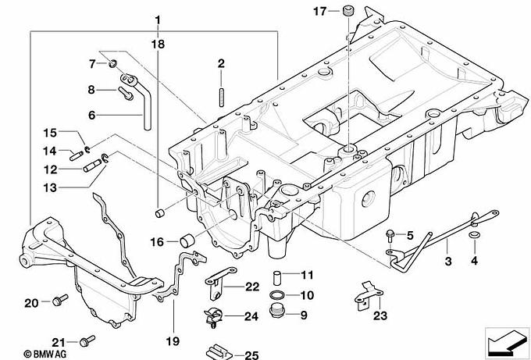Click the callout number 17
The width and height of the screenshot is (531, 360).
pyautogui.click(x=320, y=12)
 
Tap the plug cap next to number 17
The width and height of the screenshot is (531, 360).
pyautogui.click(x=348, y=10)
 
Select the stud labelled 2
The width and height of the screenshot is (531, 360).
pyautogui.click(x=222, y=98)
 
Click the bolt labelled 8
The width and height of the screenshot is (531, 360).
pyautogui.click(x=125, y=93)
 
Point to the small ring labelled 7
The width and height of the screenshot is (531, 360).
pyautogui.click(x=112, y=62)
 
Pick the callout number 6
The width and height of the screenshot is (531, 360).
pyautogui.click(x=92, y=115)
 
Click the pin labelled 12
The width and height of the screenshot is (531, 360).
pyautogui.click(x=92, y=166)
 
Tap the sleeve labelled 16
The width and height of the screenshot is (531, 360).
pyautogui.click(x=187, y=241)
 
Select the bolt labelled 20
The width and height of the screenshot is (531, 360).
pyautogui.click(x=60, y=300)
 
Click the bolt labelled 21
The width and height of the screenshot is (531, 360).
pyautogui.click(x=87, y=340)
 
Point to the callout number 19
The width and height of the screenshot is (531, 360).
pyautogui.click(x=173, y=341)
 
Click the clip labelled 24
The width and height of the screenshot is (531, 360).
pyautogui.click(x=212, y=319)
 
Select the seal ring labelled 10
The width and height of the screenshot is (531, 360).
pyautogui.click(x=278, y=295)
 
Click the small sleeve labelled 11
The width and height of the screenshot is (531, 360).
pyautogui.click(x=278, y=278)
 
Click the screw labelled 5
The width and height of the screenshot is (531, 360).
pyautogui.click(x=390, y=236)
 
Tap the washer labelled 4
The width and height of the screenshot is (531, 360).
pyautogui.click(x=475, y=235)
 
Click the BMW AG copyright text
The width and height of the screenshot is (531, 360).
pyautogui.click(x=45, y=354)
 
